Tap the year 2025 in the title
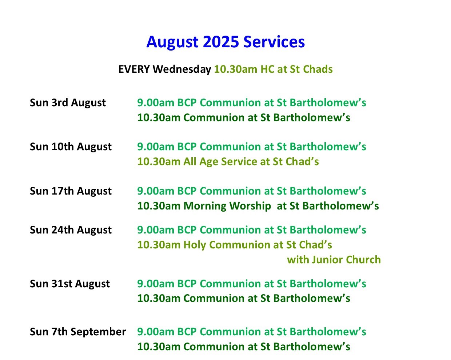coord(221,42)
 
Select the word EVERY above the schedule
coord(134,69)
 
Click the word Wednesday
coord(182,69)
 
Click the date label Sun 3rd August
coord(68,103)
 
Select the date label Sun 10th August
coord(71,147)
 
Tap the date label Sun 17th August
coord(71,191)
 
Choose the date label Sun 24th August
coord(71,230)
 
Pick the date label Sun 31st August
coord(70,284)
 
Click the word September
coord(98,332)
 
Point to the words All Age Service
coord(220,162)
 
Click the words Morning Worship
coord(227,206)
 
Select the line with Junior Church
coord(334,260)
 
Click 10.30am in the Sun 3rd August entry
coord(159,117)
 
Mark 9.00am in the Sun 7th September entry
coord(156,332)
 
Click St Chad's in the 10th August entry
coord(296,161)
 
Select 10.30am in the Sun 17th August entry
coord(159,206)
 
